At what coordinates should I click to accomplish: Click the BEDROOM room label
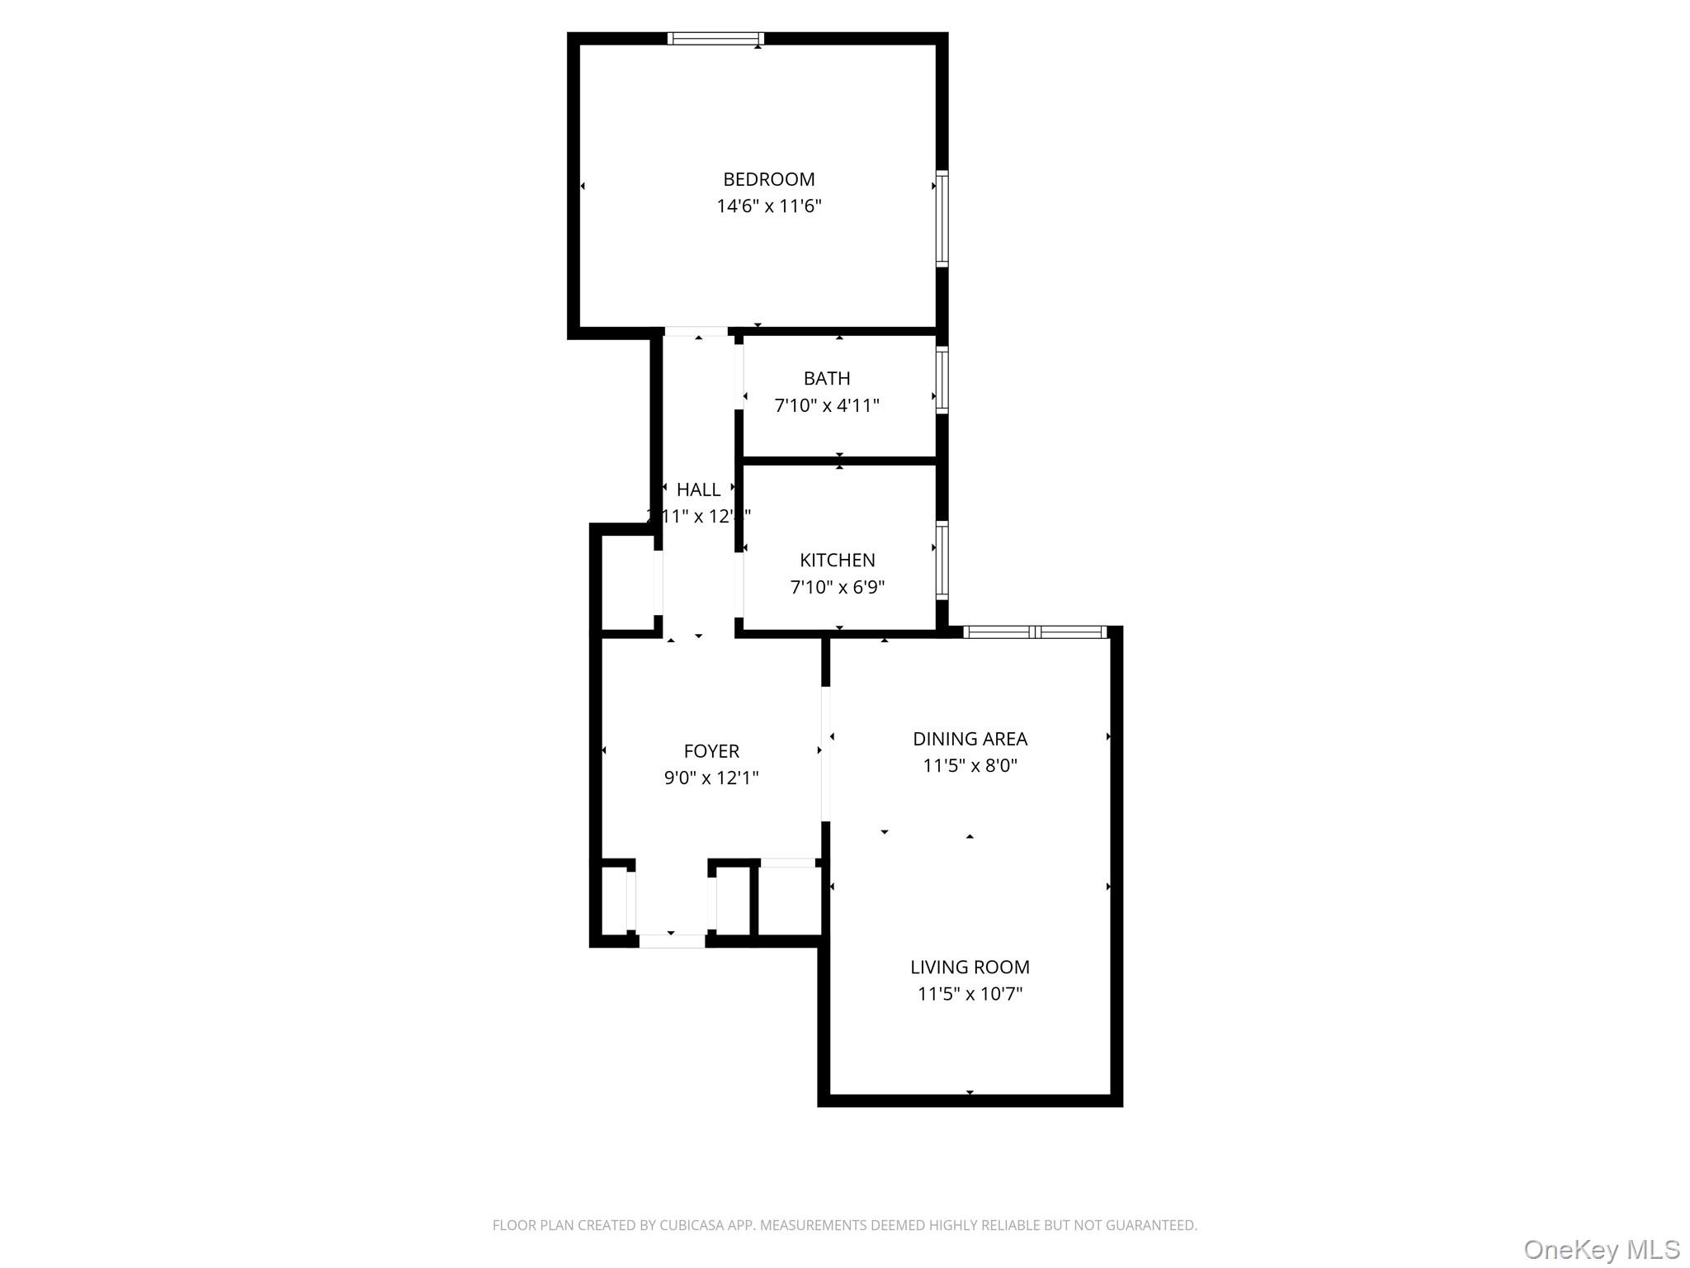click(x=768, y=179)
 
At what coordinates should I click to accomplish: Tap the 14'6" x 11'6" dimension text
click(x=768, y=206)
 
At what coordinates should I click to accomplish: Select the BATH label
click(x=827, y=378)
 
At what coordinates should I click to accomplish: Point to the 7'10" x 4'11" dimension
click(x=827, y=405)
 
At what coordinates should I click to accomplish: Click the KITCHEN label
click(x=837, y=560)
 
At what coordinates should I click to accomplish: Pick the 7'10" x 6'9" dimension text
click(x=837, y=587)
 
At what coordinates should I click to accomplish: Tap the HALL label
click(x=698, y=490)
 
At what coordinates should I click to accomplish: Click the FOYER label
click(x=711, y=751)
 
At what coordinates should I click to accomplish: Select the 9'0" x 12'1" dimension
click(x=711, y=778)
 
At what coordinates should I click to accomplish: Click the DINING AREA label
click(x=970, y=739)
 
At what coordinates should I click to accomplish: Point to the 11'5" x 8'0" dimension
click(x=970, y=765)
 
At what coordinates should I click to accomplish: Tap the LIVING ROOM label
click(x=970, y=967)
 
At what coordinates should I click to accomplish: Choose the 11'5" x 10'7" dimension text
click(x=970, y=993)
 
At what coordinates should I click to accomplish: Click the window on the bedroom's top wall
click(x=715, y=38)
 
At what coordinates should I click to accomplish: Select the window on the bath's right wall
click(x=942, y=380)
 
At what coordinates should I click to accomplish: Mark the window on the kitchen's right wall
click(x=942, y=560)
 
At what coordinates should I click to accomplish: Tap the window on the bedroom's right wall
click(x=942, y=219)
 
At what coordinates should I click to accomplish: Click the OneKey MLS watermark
click(x=1601, y=1249)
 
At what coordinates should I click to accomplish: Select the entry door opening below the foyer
click(x=672, y=940)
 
